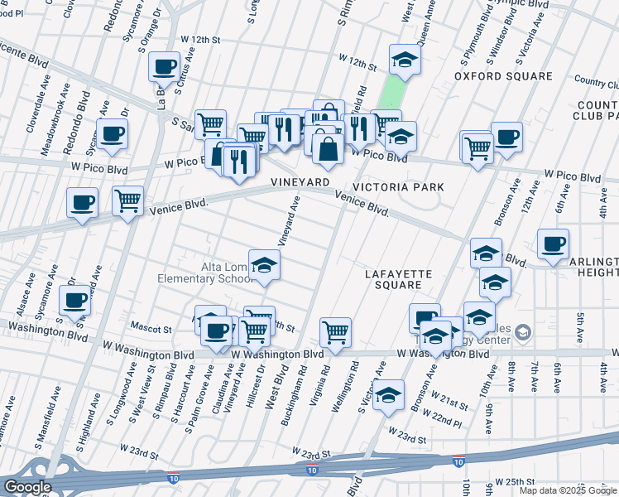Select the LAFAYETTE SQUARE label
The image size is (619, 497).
tap(393, 278)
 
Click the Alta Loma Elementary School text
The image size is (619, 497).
tap(204, 273)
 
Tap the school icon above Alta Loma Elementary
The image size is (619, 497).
tap(264, 265)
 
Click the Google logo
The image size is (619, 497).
tap(27, 487)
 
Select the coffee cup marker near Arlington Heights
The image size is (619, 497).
tap(553, 244)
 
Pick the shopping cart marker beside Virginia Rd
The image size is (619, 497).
tap(335, 332)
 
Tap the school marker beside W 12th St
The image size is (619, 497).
tap(405, 60)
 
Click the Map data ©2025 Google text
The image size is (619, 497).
tap(568, 490)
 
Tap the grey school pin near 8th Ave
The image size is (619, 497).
tap(522, 333)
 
